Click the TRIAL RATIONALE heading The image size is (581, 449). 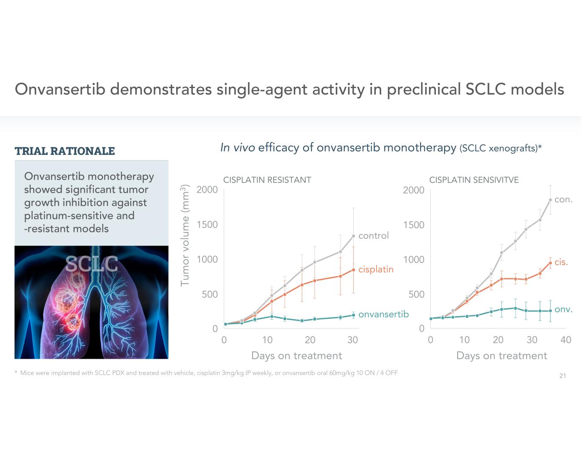click(x=65, y=151)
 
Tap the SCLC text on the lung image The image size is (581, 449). click(x=92, y=264)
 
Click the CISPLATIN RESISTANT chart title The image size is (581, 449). click(x=267, y=180)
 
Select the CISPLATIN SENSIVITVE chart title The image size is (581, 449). click(x=474, y=180)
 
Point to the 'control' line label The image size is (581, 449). click(x=373, y=236)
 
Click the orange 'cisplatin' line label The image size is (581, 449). click(x=375, y=269)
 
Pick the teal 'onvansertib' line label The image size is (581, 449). click(x=383, y=314)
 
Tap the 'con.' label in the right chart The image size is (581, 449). click(x=563, y=200)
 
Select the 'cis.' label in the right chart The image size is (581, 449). click(x=561, y=262)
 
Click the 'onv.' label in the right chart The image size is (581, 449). click(x=563, y=309)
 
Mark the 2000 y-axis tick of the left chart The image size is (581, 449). click(x=207, y=190)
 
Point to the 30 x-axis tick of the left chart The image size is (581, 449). click(x=352, y=340)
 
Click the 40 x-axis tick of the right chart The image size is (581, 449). click(x=566, y=340)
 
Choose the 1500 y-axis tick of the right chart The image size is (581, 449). click(x=414, y=225)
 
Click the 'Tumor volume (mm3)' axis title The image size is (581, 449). click(x=185, y=235)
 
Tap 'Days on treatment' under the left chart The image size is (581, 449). click(x=296, y=356)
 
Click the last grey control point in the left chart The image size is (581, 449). click(x=353, y=236)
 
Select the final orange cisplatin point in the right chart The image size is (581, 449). click(x=550, y=263)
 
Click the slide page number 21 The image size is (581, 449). click(x=562, y=376)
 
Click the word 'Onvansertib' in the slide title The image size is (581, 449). click(x=60, y=89)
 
